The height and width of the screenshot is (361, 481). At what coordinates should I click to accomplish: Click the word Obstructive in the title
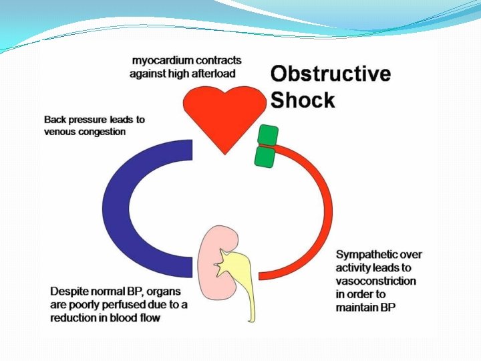330,74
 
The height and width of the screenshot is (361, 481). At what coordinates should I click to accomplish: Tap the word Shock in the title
302,100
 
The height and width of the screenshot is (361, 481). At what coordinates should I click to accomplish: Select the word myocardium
163,61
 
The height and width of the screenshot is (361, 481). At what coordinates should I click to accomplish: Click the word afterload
214,74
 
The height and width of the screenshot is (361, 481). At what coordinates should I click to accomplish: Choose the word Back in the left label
55,120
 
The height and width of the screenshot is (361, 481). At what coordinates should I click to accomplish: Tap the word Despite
68,292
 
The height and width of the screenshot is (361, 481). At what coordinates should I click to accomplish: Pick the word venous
59,132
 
